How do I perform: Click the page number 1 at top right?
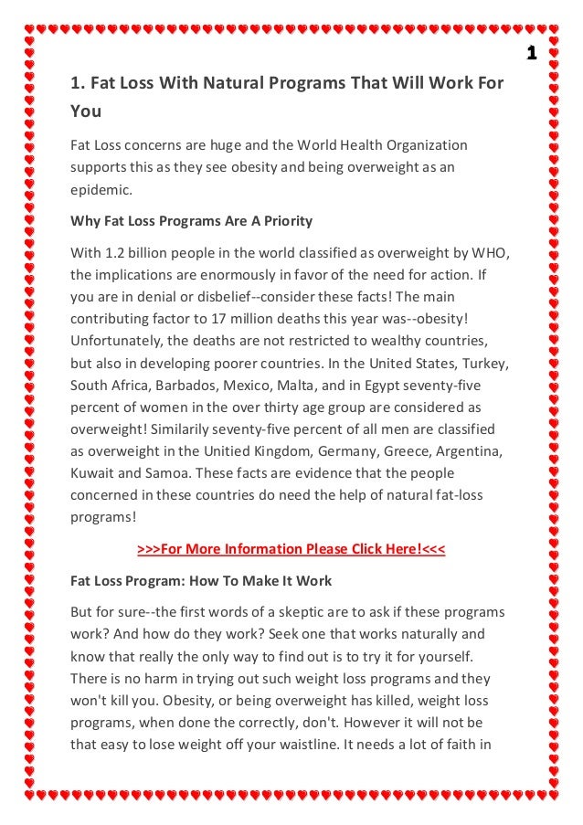tap(532, 53)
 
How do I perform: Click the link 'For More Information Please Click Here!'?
tap(291, 549)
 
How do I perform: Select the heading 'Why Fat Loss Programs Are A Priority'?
tap(191, 220)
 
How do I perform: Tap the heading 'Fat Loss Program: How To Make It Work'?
tap(201, 580)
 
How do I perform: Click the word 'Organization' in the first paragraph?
tap(425, 145)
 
